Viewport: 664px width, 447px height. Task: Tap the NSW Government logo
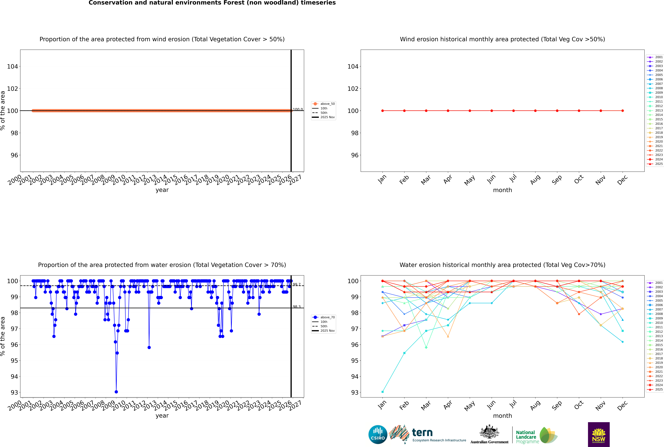pyautogui.click(x=599, y=434)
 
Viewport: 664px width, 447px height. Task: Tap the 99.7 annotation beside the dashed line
pyautogui.click(x=297, y=284)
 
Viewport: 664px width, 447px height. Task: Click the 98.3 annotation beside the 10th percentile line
pyautogui.click(x=297, y=307)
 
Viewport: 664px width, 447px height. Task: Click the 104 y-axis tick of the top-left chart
pyautogui.click(x=12, y=66)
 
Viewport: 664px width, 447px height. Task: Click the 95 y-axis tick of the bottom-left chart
pyautogui.click(x=14, y=361)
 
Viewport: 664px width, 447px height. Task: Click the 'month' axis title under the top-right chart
pyautogui.click(x=502, y=190)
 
